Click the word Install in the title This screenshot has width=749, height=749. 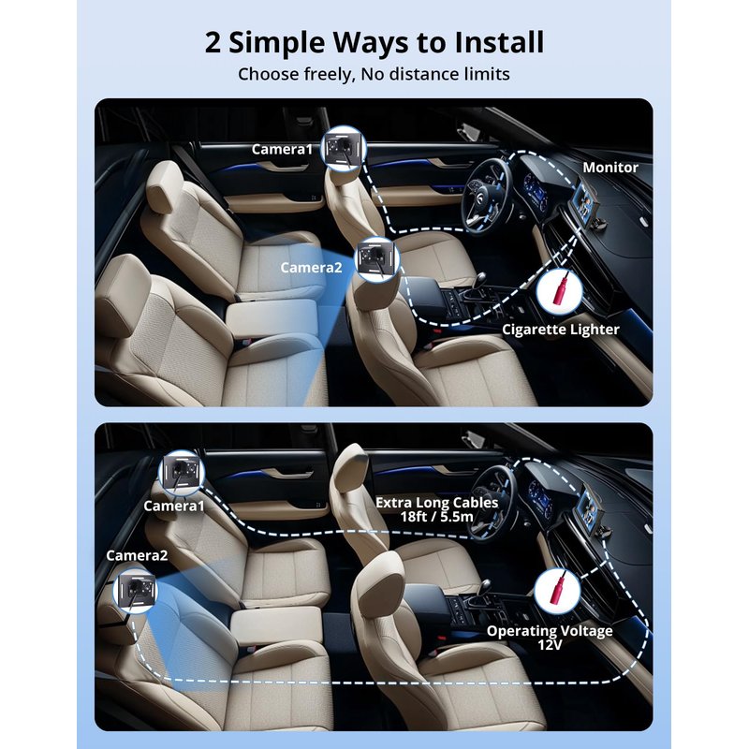[x=499, y=42]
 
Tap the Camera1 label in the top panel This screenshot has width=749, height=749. [x=282, y=150]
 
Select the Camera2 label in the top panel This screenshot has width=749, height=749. [x=311, y=268]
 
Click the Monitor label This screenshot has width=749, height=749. [x=610, y=168]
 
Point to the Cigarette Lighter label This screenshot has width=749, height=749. [x=560, y=330]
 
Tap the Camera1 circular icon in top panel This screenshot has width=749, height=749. [x=344, y=146]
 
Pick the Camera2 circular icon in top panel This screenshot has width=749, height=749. [x=377, y=258]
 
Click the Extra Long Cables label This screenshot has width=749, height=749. [x=436, y=503]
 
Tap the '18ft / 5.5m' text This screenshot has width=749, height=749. [x=436, y=517]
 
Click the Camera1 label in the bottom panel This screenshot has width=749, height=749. [x=174, y=506]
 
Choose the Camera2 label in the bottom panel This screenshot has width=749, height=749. [x=137, y=555]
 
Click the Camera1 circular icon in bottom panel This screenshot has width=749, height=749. [x=182, y=473]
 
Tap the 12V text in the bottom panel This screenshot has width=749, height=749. [x=550, y=645]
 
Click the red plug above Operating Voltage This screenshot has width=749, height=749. [x=558, y=589]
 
